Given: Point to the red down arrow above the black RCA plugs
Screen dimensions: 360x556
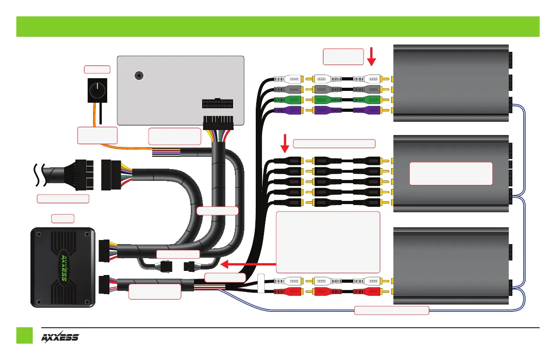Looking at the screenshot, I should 285,143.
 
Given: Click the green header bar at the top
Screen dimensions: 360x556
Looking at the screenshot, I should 278,26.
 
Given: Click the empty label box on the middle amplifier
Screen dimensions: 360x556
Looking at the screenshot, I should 451,173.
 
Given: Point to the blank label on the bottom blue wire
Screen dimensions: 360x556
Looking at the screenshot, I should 392,311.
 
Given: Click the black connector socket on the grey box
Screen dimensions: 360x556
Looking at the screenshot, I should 217,105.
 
